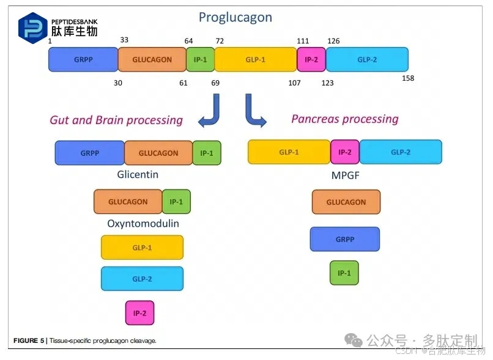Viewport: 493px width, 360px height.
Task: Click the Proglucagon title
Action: coord(235,17)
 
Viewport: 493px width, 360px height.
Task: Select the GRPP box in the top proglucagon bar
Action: coord(83,60)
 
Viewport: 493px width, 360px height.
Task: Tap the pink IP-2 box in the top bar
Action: coord(311,60)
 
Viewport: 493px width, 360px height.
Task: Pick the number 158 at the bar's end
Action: coord(408,78)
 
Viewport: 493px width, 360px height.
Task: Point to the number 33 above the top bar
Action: coord(124,40)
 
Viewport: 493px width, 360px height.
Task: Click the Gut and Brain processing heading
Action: coord(116,120)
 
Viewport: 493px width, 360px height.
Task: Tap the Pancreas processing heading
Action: coord(344,119)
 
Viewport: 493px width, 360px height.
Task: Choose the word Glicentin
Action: coord(138,174)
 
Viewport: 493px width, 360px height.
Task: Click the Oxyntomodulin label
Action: coord(143,223)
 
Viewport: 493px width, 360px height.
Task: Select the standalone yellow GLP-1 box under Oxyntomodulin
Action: coord(142,248)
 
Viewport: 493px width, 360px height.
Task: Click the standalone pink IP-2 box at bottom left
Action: coord(139,312)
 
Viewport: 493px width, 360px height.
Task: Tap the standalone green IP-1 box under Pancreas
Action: coord(344,273)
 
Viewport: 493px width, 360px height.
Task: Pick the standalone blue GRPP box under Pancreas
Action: coord(345,239)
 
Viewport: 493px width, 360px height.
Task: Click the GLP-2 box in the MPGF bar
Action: coord(401,152)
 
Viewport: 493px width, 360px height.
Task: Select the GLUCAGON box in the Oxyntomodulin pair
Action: coord(128,202)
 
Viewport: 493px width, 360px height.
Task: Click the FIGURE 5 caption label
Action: coord(29,340)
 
